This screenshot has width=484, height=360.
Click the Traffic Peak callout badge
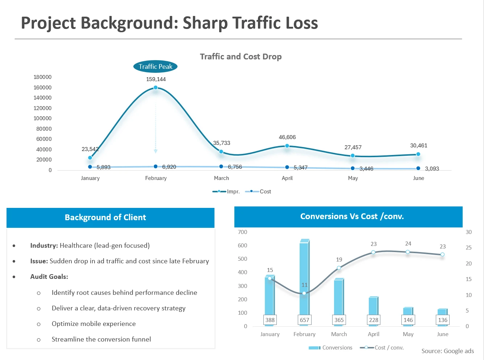pos(155,67)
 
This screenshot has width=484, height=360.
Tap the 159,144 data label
pos(156,79)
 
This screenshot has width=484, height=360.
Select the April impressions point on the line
pos(287,146)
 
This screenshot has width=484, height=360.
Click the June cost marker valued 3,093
pos(418,168)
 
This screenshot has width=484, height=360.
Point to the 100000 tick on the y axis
pos(42,118)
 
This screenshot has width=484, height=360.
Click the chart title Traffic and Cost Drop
pos(241,56)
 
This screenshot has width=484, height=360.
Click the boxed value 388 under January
pos(270,320)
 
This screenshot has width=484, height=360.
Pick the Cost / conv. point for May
pos(408,252)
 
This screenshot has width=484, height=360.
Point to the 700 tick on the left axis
pos(242,232)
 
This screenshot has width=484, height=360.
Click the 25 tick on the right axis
pos(469,248)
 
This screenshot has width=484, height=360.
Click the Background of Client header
pos(105,217)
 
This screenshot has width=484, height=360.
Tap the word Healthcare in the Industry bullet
pos(76,246)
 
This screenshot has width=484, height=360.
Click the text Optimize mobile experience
pos(93,324)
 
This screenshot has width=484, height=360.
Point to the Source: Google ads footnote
pos(447,351)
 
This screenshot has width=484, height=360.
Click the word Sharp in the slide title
pos(205,23)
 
